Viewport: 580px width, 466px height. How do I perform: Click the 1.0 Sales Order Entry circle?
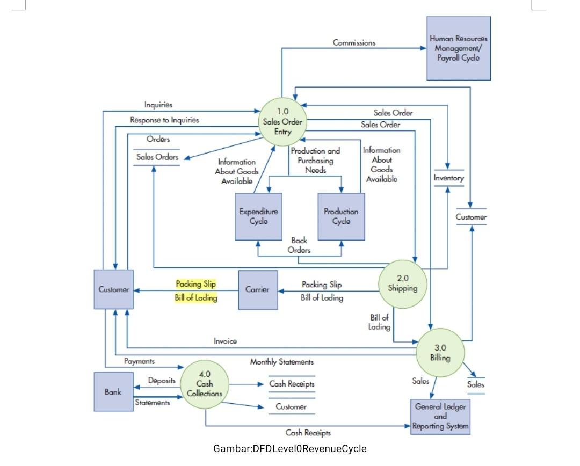[x=282, y=122]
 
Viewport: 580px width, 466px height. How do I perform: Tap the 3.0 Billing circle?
[x=440, y=353]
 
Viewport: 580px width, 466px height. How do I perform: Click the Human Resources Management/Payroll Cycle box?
[x=459, y=48]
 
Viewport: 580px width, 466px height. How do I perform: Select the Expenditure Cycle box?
[x=258, y=216]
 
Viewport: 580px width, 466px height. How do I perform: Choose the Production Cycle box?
[x=341, y=216]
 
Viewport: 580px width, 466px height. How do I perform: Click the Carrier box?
[x=257, y=290]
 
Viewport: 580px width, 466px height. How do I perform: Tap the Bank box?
[x=113, y=392]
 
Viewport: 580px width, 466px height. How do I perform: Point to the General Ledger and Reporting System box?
[x=440, y=417]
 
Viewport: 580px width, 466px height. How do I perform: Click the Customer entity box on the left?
[x=113, y=289]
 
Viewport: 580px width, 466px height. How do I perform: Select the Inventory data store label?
[x=448, y=178]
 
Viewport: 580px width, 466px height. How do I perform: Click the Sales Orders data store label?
[x=157, y=157]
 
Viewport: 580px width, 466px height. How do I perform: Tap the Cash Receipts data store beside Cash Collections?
[x=292, y=384]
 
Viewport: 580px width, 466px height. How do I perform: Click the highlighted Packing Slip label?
[x=195, y=284]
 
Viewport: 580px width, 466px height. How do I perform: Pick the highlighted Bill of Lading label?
[x=195, y=298]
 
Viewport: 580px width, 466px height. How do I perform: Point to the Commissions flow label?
[x=354, y=42]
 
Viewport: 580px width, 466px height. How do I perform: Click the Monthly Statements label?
[x=281, y=362]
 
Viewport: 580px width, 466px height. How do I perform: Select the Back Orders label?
[x=299, y=245]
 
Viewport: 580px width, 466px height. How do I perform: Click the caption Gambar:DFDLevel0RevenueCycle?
[x=289, y=448]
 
